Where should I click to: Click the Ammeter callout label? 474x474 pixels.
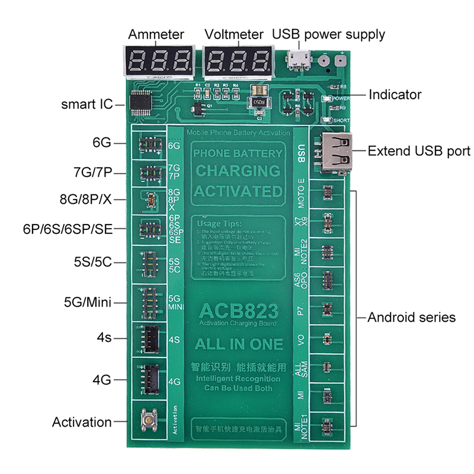click(x=156, y=34)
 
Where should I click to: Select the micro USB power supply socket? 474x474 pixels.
click(x=299, y=59)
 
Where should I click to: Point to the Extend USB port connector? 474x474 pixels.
click(x=337, y=150)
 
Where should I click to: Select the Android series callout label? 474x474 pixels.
click(x=411, y=318)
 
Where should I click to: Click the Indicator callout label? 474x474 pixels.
click(x=395, y=94)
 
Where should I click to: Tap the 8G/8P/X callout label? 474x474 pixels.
click(x=85, y=199)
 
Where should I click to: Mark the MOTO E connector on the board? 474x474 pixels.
click(x=325, y=193)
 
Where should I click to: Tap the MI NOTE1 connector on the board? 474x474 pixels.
click(x=325, y=424)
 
